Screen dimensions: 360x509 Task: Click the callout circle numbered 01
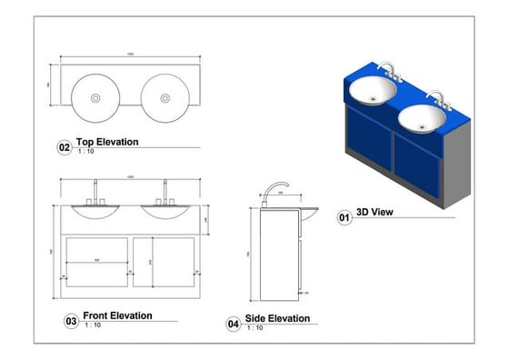tap(344, 218)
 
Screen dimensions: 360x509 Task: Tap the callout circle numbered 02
tap(65, 147)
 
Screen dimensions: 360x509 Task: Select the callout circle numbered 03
tap(70, 321)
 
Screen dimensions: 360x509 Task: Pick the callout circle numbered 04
tap(234, 324)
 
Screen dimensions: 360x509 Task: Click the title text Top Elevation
tap(107, 142)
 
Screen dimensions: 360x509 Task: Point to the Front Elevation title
tap(117, 315)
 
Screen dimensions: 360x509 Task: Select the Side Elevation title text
tap(277, 318)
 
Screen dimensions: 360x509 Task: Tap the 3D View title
tap(374, 212)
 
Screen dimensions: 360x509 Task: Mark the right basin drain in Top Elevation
tap(165, 97)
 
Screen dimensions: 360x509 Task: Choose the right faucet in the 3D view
tap(440, 97)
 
